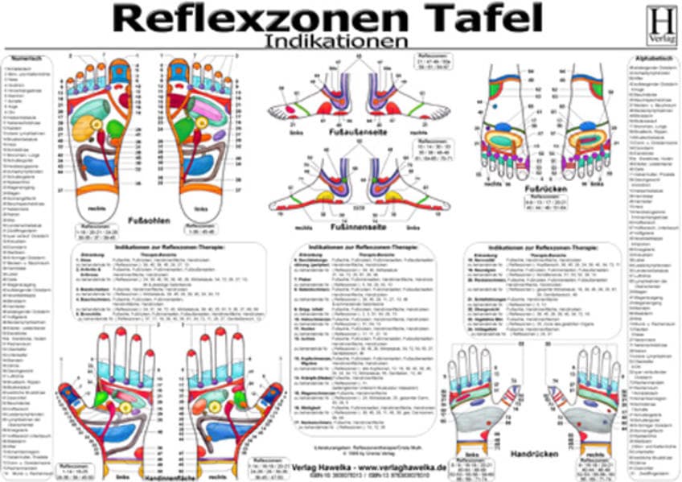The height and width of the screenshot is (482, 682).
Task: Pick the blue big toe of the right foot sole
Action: tap(120, 70)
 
